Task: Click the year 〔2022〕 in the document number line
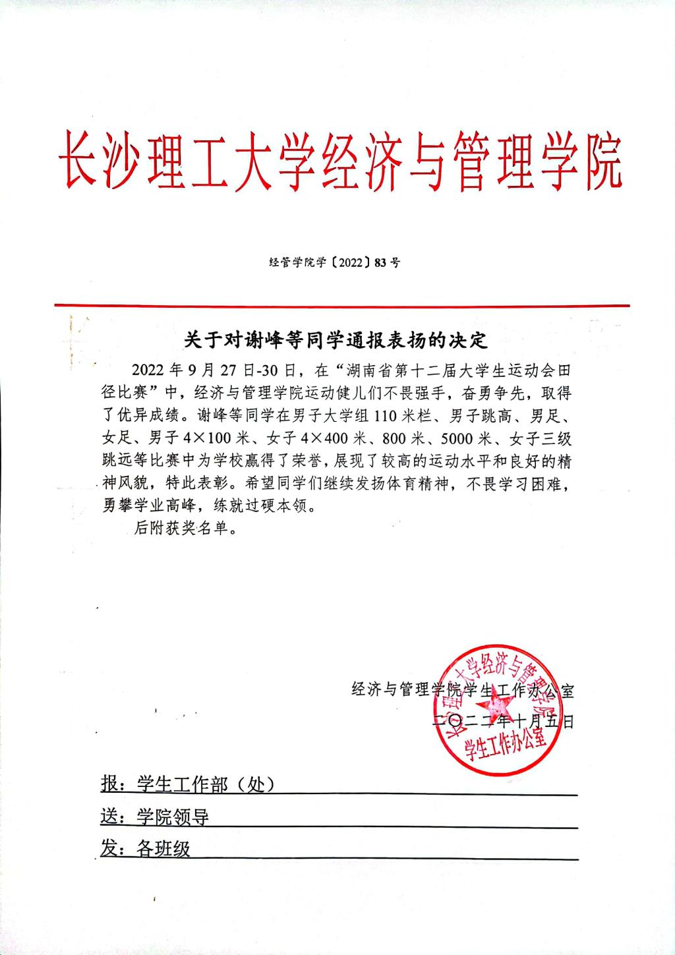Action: [343, 262]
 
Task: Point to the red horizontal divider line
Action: [341, 305]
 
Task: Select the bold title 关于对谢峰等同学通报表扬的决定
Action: [335, 340]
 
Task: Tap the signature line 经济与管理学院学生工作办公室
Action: [463, 691]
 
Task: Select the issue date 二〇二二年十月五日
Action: [503, 720]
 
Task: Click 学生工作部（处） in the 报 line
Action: [204, 784]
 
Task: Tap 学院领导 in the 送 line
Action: [173, 817]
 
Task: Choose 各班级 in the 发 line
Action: [163, 849]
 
